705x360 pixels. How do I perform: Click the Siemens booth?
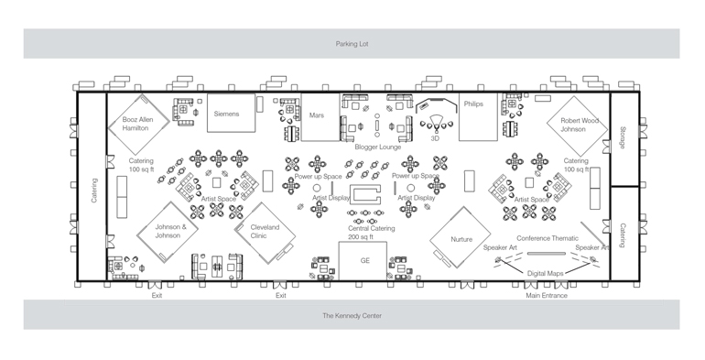(x=231, y=113)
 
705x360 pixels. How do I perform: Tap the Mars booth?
(x=320, y=117)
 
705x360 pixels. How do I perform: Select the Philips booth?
(x=478, y=117)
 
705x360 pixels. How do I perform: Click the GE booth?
(x=363, y=261)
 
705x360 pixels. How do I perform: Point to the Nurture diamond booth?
(x=460, y=237)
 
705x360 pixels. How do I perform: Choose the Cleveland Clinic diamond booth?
(x=266, y=233)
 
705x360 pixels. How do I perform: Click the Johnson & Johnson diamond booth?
(x=168, y=232)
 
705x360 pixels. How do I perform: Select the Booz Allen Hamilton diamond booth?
(x=138, y=124)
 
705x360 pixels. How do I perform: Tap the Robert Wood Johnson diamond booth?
(x=578, y=126)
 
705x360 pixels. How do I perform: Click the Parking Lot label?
(x=352, y=44)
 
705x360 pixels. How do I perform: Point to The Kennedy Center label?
(x=352, y=316)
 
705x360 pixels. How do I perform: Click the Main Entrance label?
(x=547, y=296)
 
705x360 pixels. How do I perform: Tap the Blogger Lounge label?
(x=377, y=147)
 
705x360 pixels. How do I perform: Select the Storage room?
(x=624, y=139)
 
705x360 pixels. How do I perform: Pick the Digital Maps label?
(x=546, y=274)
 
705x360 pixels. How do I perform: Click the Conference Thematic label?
(x=548, y=238)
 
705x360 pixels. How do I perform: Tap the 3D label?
(x=435, y=139)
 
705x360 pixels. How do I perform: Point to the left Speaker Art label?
(x=500, y=247)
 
